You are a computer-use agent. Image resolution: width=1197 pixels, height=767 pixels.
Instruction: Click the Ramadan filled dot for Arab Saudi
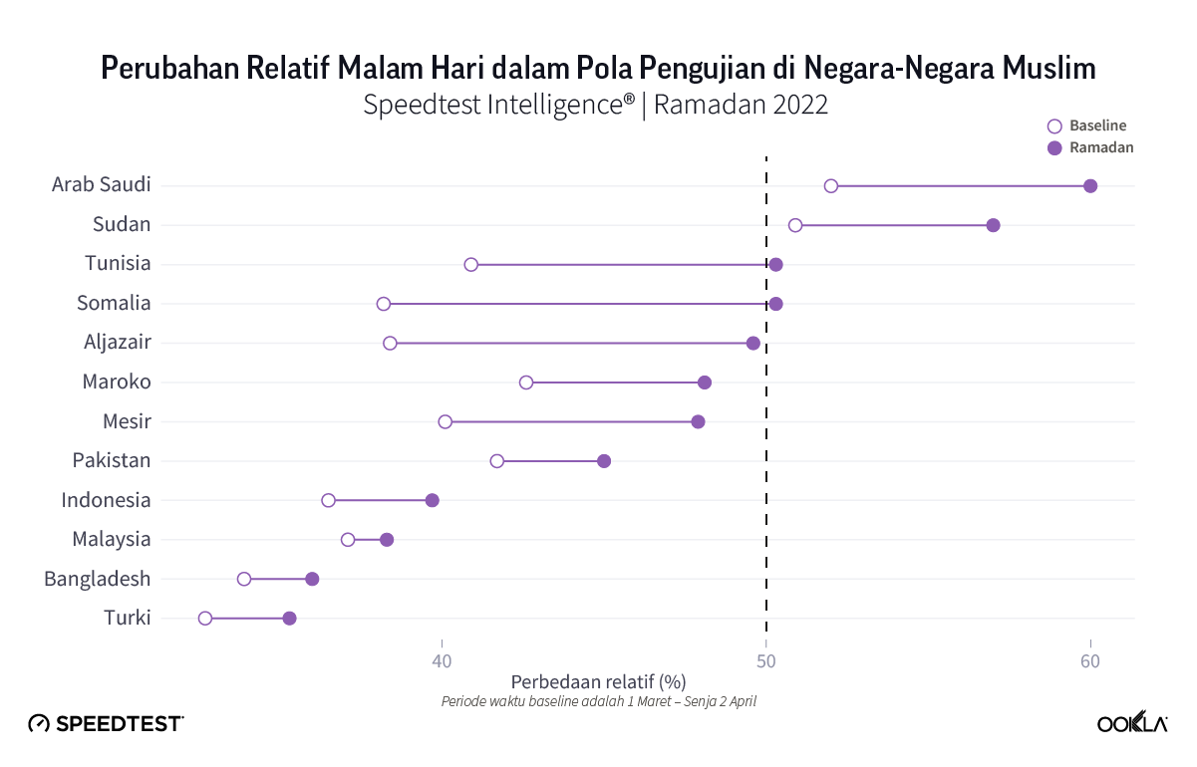(x=1090, y=186)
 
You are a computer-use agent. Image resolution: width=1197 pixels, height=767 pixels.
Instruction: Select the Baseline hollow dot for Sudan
(x=795, y=225)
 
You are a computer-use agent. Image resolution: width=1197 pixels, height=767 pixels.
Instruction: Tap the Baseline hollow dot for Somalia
(x=384, y=304)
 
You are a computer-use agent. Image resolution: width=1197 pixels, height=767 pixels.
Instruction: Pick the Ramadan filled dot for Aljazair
(x=753, y=343)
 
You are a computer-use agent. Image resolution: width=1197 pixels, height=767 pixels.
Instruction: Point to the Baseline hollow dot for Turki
(x=205, y=619)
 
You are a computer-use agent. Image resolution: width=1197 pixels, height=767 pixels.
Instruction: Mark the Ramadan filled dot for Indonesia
(x=433, y=500)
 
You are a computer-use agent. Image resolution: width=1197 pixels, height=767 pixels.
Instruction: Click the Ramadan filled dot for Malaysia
(x=387, y=540)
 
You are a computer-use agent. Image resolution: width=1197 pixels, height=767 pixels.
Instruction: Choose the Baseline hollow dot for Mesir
(x=446, y=421)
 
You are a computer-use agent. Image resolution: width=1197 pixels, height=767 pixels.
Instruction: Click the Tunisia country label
(x=118, y=264)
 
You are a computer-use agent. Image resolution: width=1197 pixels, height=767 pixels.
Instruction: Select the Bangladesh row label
(x=98, y=579)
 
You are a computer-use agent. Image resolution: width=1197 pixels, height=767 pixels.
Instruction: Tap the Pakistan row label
(x=112, y=460)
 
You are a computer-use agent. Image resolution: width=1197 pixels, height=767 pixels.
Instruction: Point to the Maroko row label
(x=117, y=382)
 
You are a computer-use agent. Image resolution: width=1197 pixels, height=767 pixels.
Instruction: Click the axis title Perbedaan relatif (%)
(x=598, y=682)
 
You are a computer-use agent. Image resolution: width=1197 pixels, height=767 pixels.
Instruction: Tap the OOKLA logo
(x=1132, y=724)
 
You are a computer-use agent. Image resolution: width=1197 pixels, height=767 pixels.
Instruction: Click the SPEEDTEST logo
(x=106, y=724)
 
